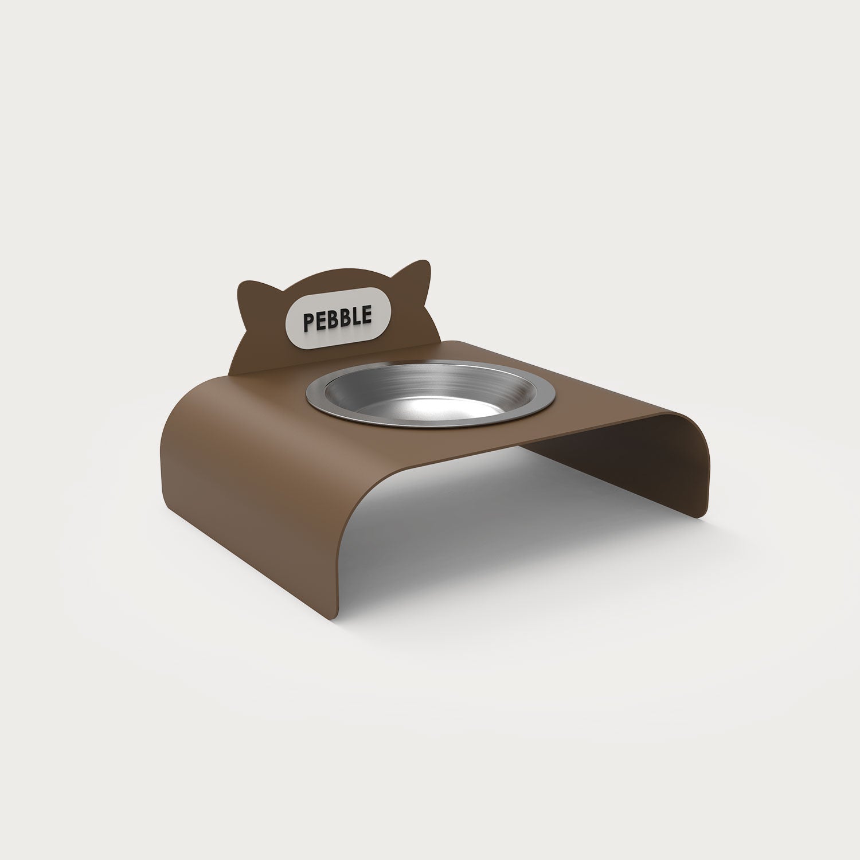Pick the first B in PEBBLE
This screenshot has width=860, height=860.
coord(333,319)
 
